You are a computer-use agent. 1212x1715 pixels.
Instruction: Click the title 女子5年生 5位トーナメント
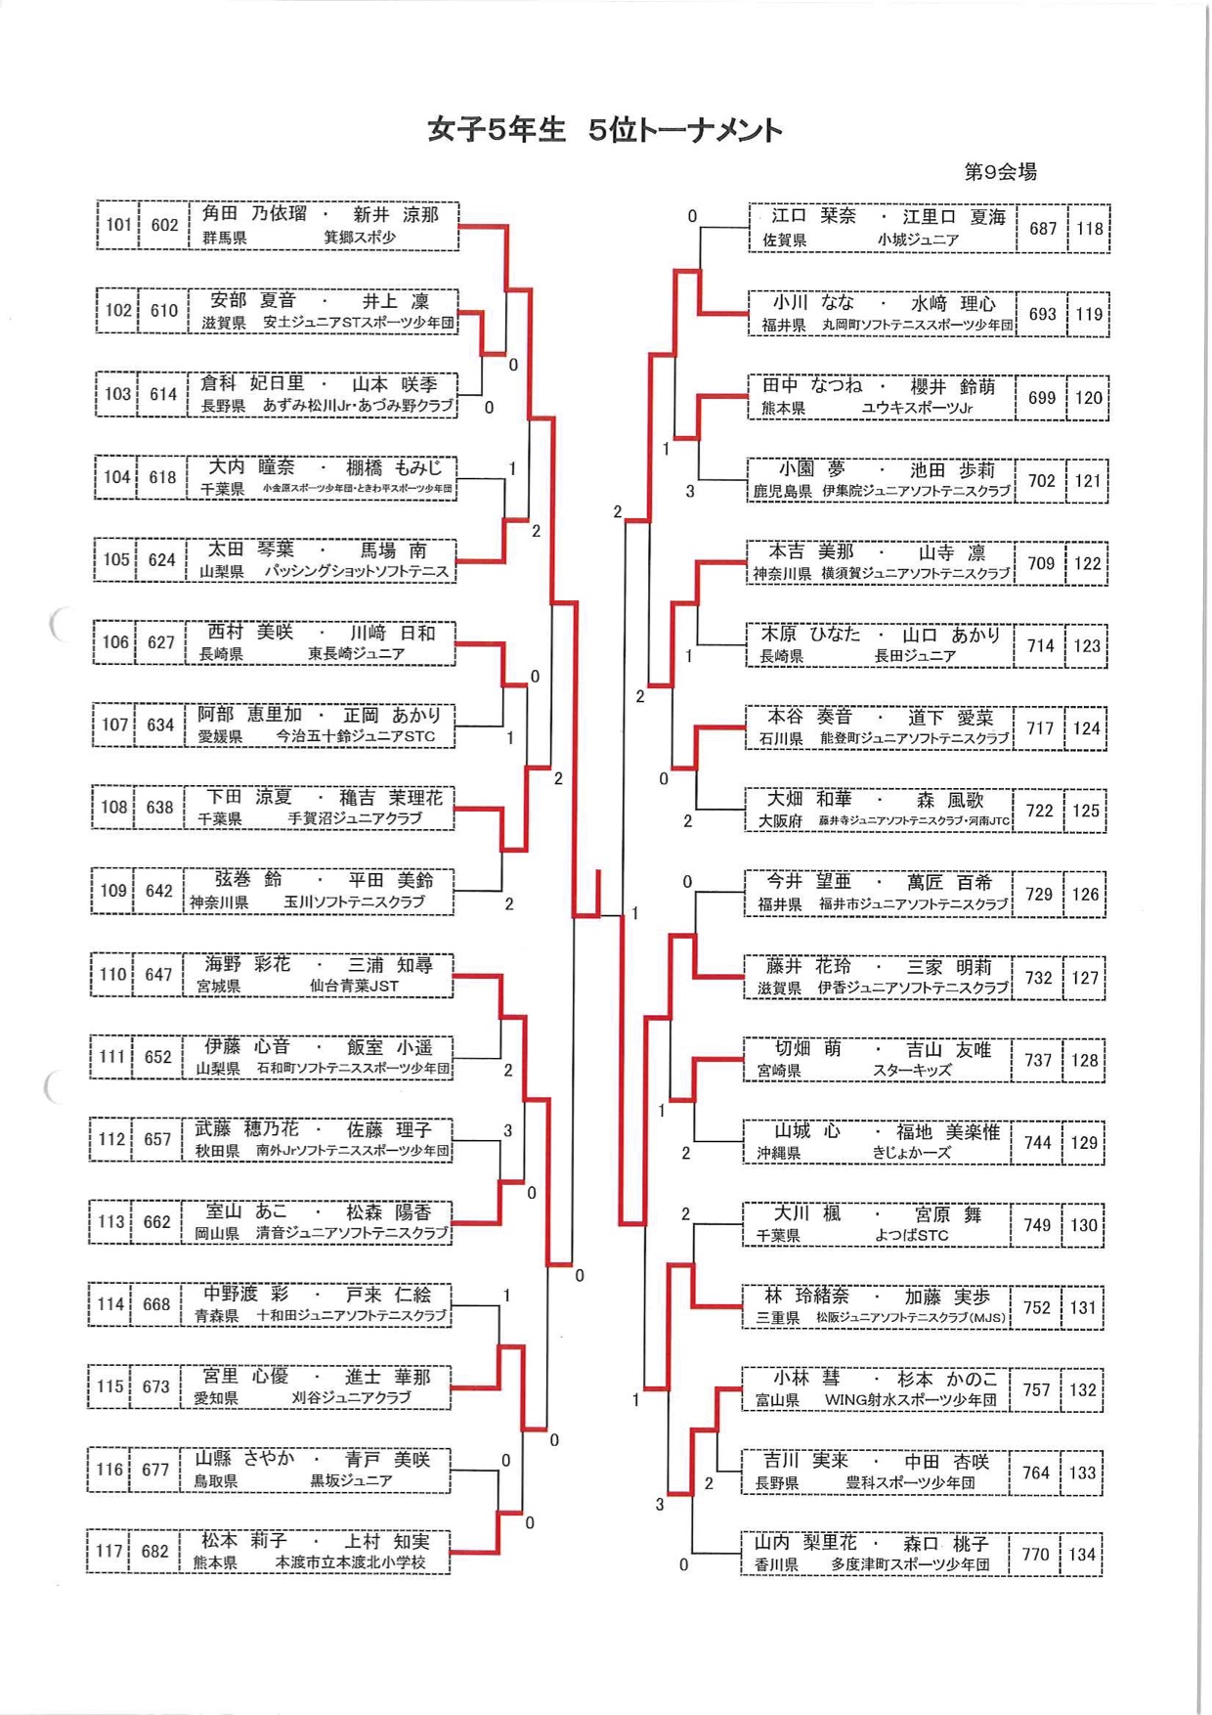(605, 130)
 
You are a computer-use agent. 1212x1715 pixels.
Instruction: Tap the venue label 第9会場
(1000, 172)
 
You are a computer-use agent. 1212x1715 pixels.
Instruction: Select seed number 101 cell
(118, 225)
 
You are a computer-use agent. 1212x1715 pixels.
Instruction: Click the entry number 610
(164, 311)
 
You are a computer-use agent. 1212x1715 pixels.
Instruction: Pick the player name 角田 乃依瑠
(254, 214)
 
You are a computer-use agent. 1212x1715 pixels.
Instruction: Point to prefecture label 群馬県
(224, 238)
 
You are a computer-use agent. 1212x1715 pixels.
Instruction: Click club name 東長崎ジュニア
(356, 653)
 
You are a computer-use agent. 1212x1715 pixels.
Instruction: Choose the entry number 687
(1043, 229)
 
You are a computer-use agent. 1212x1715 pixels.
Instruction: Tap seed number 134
(1082, 1555)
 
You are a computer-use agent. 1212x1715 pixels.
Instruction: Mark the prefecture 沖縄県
(779, 1154)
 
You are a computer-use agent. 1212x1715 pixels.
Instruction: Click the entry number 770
(1035, 1555)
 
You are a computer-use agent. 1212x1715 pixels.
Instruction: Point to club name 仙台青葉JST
(354, 987)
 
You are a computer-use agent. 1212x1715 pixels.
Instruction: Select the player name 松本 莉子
(243, 1541)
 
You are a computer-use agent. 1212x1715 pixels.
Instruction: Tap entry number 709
(1041, 563)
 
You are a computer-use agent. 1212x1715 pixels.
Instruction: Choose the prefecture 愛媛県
(220, 736)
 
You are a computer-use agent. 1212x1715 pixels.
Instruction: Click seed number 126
(1085, 895)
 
